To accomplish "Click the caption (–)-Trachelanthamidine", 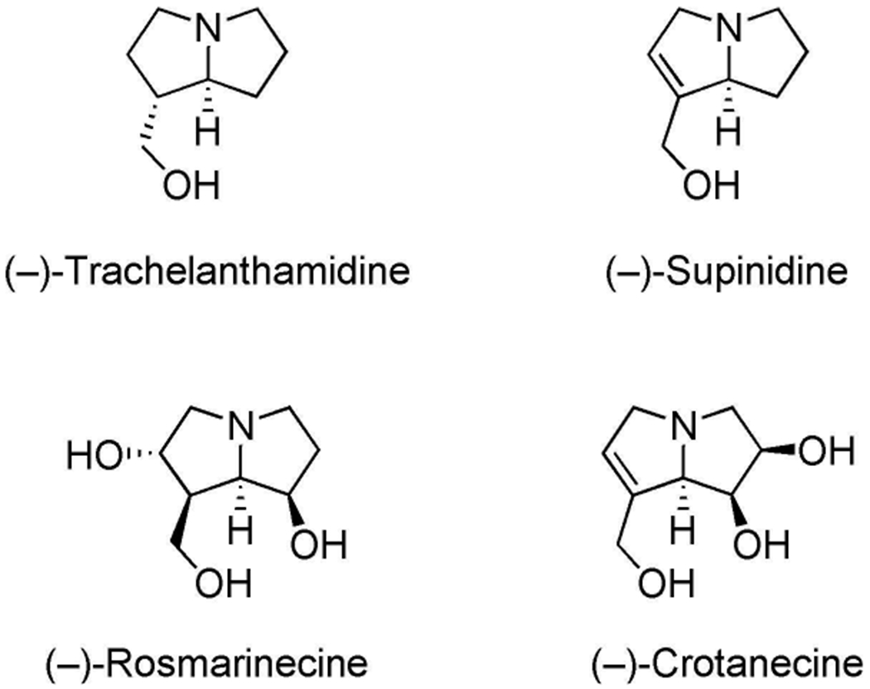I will tap(207, 271).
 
